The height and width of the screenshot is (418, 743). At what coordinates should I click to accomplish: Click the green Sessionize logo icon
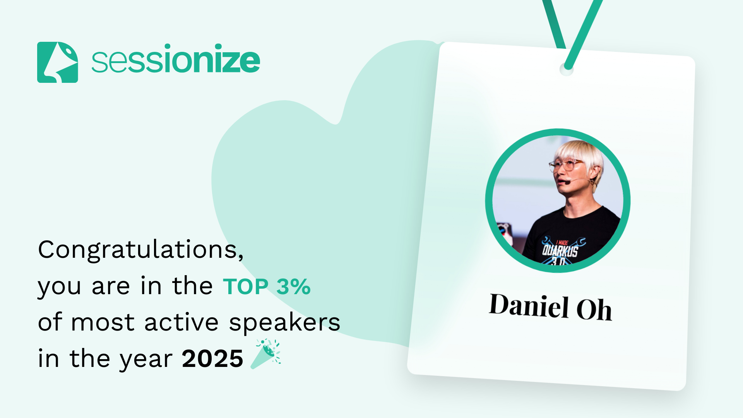coord(57,62)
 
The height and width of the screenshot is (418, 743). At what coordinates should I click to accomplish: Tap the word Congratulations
coord(140,249)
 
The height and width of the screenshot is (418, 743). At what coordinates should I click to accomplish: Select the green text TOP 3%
coord(267,287)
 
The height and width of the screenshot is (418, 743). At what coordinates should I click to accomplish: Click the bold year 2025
coord(212,358)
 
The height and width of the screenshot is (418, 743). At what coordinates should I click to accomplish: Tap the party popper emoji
coord(266,354)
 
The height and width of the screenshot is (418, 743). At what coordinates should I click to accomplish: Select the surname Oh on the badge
coord(594,309)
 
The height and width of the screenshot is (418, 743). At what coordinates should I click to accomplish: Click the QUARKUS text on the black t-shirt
coord(560,250)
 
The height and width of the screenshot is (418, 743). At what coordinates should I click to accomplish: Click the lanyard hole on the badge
coord(567,70)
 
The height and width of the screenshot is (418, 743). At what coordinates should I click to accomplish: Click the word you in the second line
coord(59,289)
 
